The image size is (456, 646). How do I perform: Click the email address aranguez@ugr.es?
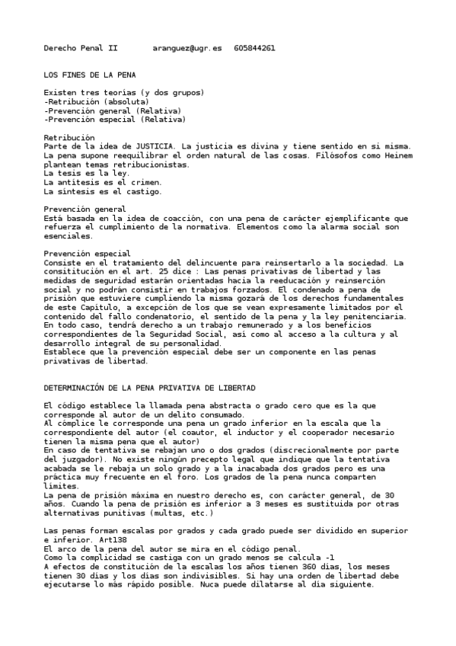click(187, 48)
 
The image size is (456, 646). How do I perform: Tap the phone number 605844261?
click(254, 48)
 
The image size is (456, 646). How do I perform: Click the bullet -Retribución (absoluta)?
click(96, 101)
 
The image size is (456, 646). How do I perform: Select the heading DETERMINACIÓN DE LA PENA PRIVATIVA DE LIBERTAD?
click(149, 388)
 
